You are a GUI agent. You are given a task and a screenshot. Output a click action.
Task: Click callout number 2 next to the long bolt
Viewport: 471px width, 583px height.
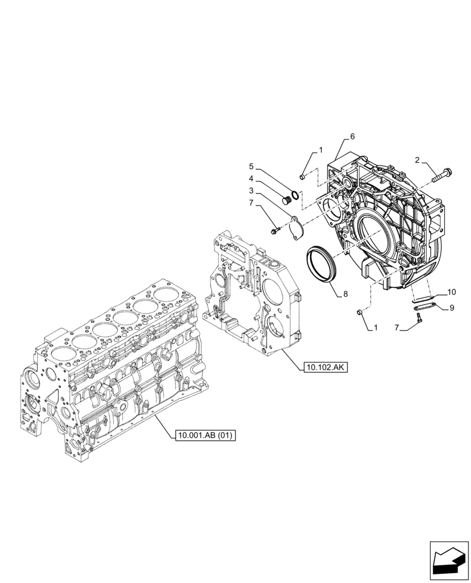417,160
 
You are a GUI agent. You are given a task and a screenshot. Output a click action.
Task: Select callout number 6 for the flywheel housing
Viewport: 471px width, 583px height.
352,136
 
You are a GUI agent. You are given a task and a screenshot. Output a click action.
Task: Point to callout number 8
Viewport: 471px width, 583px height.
345,294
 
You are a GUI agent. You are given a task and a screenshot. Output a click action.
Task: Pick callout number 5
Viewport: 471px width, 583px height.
251,166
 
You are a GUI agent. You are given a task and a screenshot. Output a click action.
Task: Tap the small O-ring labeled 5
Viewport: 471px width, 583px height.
296,196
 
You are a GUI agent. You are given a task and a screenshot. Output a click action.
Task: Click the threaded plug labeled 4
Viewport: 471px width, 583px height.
286,201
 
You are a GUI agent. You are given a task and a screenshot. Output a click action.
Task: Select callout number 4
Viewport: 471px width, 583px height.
251,178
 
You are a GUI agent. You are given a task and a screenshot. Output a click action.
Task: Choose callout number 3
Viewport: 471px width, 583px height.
251,191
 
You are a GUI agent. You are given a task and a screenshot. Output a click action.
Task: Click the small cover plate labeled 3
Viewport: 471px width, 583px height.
297,227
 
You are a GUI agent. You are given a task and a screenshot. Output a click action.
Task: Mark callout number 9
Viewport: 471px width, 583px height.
452,307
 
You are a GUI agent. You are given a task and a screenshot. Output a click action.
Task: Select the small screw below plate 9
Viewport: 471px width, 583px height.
419,317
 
